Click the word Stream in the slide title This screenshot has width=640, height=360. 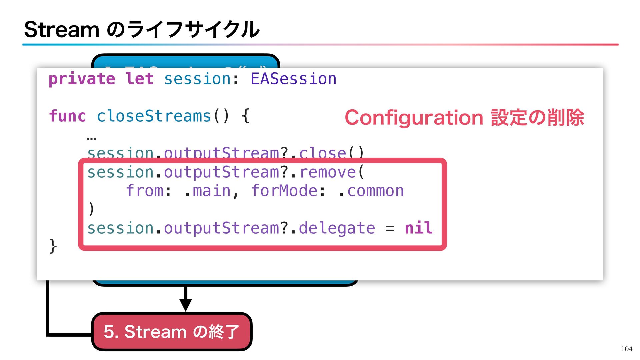[x=62, y=30]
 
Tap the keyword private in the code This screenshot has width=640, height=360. [x=82, y=79]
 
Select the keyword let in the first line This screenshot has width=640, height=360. [x=139, y=79]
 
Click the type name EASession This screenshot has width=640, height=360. [x=293, y=79]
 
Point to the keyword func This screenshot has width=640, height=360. [x=67, y=116]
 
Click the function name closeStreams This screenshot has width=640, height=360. [x=154, y=116]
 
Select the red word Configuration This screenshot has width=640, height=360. [x=414, y=118]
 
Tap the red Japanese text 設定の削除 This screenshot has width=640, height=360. [x=537, y=118]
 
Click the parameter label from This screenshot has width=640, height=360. [x=145, y=191]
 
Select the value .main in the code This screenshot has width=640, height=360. [x=207, y=191]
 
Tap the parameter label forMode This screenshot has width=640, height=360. [x=284, y=191]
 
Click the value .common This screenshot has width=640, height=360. [x=371, y=191]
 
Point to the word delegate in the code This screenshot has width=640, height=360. [x=337, y=228]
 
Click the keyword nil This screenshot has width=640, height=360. [x=419, y=228]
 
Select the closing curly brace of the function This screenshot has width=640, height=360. [x=53, y=246]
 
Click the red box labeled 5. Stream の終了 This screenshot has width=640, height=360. [x=171, y=332]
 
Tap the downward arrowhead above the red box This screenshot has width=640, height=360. [x=185, y=304]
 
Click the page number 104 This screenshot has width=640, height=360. [x=627, y=349]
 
